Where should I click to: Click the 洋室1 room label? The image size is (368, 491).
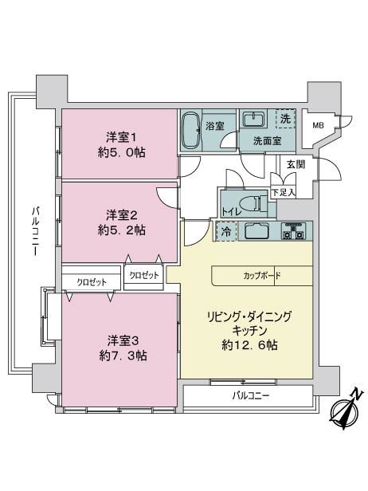click(x=121, y=137)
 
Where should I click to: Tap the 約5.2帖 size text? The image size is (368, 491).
click(x=121, y=231)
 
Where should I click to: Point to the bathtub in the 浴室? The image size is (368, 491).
click(x=191, y=131)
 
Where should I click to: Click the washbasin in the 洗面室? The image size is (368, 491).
click(x=254, y=119)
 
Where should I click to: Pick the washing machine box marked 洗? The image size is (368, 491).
click(x=285, y=119)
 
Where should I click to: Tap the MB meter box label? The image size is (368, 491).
click(x=319, y=126)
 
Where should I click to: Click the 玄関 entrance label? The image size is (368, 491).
click(x=296, y=164)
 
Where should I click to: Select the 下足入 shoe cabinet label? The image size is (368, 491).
click(x=284, y=192)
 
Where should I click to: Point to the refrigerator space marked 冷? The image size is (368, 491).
click(x=226, y=231)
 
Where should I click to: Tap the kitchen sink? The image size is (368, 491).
click(x=256, y=231)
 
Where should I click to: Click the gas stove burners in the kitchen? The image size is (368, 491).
click(x=293, y=231)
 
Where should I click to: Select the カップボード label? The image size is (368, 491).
click(x=262, y=276)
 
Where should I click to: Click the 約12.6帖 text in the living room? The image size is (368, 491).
click(x=249, y=345)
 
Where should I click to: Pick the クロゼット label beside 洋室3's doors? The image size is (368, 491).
click(x=92, y=282)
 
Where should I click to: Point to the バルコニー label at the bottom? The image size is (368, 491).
click(x=251, y=396)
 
